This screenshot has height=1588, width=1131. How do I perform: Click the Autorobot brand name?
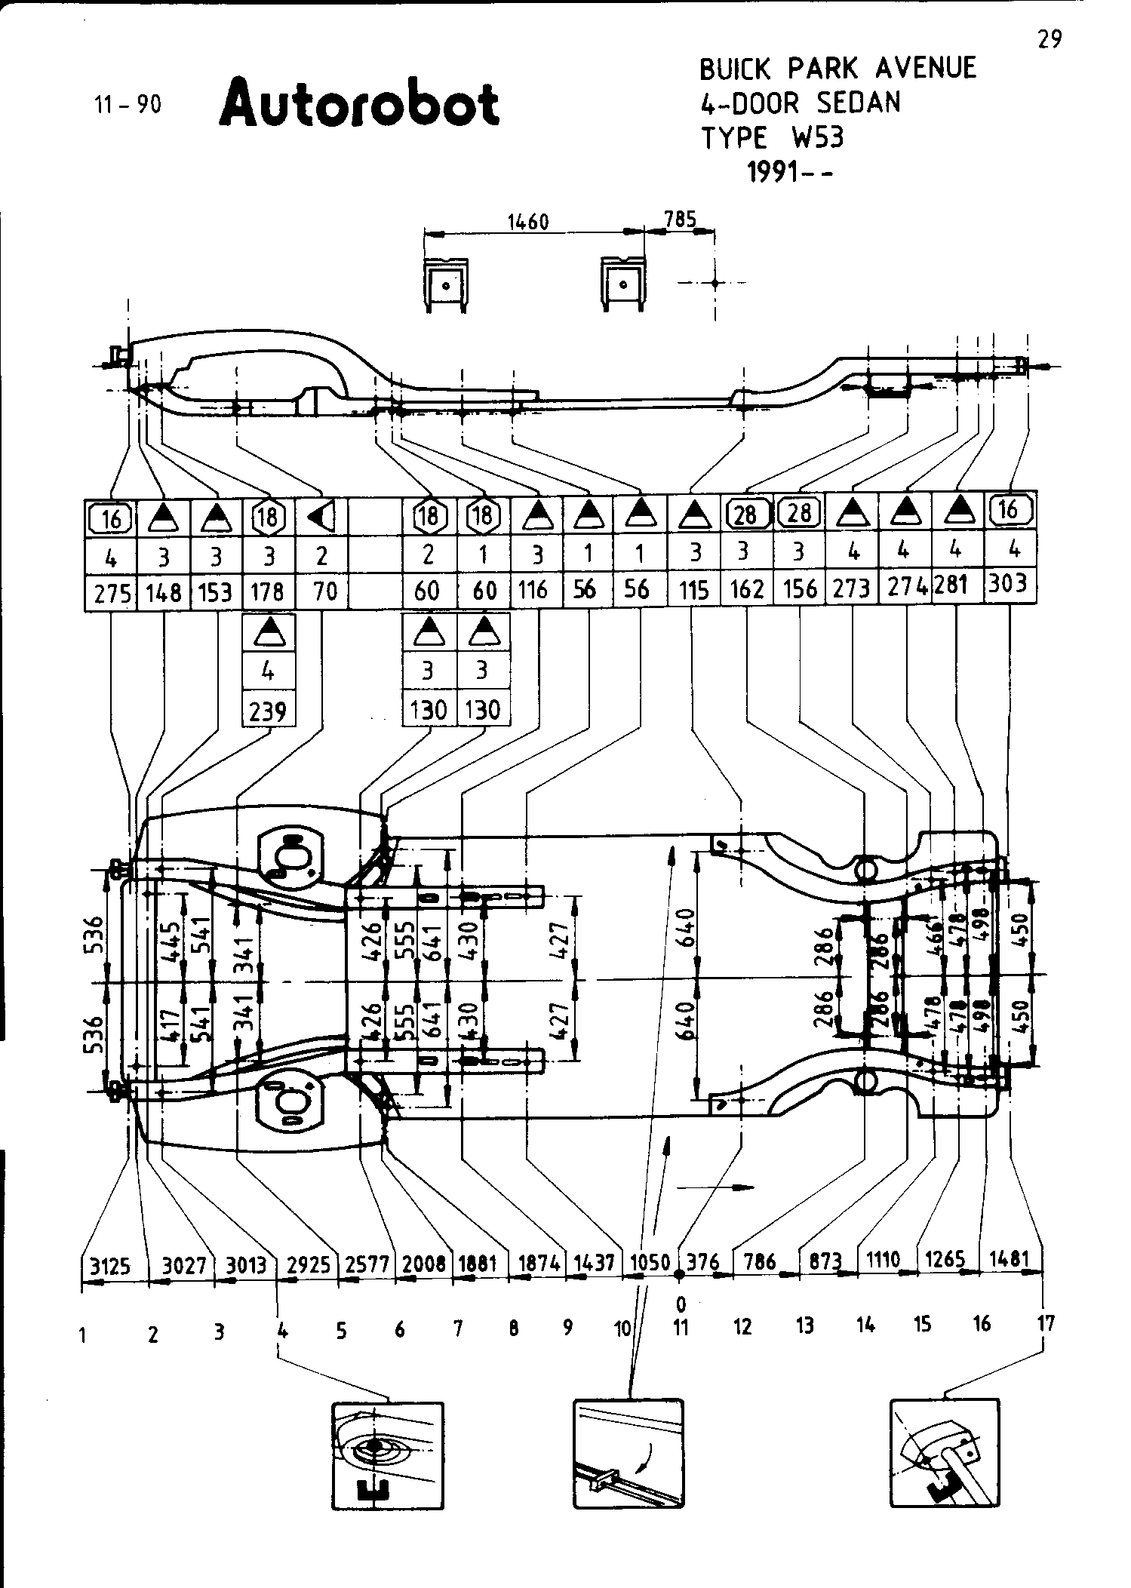point(359,103)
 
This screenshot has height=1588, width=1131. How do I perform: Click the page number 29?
point(1050,39)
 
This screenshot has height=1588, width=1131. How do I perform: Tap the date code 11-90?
point(128,105)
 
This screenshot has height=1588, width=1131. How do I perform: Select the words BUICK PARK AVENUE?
point(837,69)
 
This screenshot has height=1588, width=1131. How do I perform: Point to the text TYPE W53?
point(773,138)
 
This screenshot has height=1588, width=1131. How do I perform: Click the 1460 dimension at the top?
point(527,222)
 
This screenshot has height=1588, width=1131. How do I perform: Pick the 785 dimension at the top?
point(679,220)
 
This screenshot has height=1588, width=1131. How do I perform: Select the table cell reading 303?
point(1008,585)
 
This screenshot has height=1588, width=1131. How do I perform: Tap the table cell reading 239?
point(268,710)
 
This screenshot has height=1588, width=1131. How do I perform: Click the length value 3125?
point(110,1265)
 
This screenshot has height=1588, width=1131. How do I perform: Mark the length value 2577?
point(366,1264)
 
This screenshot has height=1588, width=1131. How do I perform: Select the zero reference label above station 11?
point(681,1303)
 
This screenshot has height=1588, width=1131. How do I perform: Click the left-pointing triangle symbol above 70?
point(322,518)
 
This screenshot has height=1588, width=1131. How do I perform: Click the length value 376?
point(704,1262)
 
